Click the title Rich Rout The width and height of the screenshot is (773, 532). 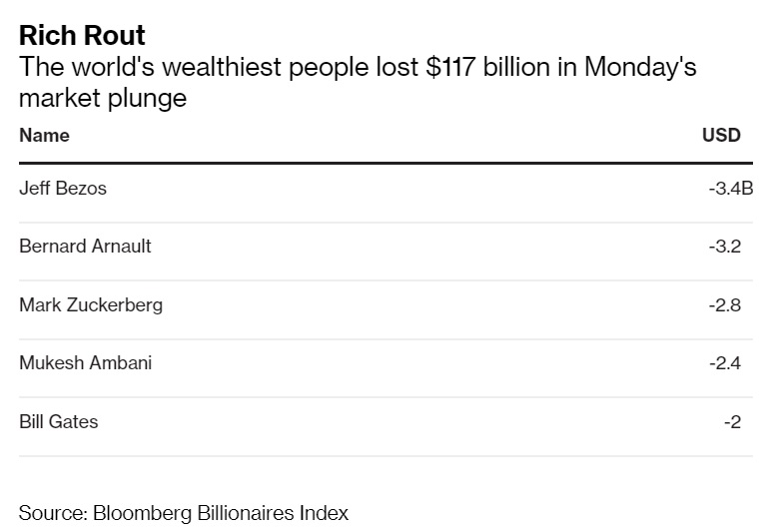tap(82, 36)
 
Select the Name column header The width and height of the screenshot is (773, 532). tap(44, 136)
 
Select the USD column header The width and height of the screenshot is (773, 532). tap(721, 136)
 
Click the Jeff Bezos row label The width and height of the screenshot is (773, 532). tap(62, 188)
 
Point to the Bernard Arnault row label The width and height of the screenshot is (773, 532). tap(85, 246)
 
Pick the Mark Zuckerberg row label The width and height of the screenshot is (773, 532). tap(91, 305)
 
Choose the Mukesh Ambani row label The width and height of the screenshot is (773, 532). tap(85, 363)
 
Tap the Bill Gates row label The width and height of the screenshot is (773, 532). tap(58, 422)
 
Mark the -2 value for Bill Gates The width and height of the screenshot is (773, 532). tap(732, 422)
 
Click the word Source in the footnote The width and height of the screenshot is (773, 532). tap(51, 513)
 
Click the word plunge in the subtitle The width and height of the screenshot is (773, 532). tap(152, 99)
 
